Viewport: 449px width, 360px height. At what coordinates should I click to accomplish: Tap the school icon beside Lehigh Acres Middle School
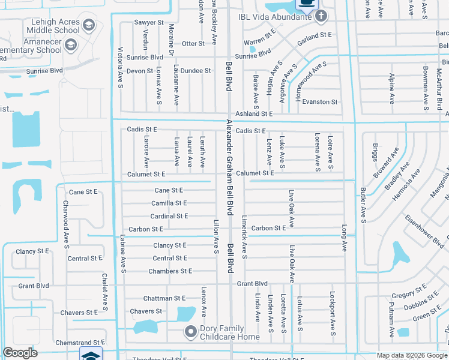pos(89,25)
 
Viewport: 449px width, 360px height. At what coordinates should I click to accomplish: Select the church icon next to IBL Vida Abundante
pos(321,16)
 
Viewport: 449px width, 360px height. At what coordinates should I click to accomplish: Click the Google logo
pos(20,353)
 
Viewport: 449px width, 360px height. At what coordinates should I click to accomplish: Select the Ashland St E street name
pos(254,113)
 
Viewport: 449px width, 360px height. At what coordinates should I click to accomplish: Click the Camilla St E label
pos(169,203)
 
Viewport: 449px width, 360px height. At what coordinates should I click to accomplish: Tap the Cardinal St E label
pos(169,216)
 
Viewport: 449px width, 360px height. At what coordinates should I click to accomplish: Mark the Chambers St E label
pos(170,271)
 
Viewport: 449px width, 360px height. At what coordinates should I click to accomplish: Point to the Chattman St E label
pos(164,298)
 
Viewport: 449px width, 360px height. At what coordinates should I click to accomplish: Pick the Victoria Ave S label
pos(121,67)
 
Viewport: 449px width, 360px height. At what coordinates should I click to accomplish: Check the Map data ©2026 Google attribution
pos(411,355)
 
